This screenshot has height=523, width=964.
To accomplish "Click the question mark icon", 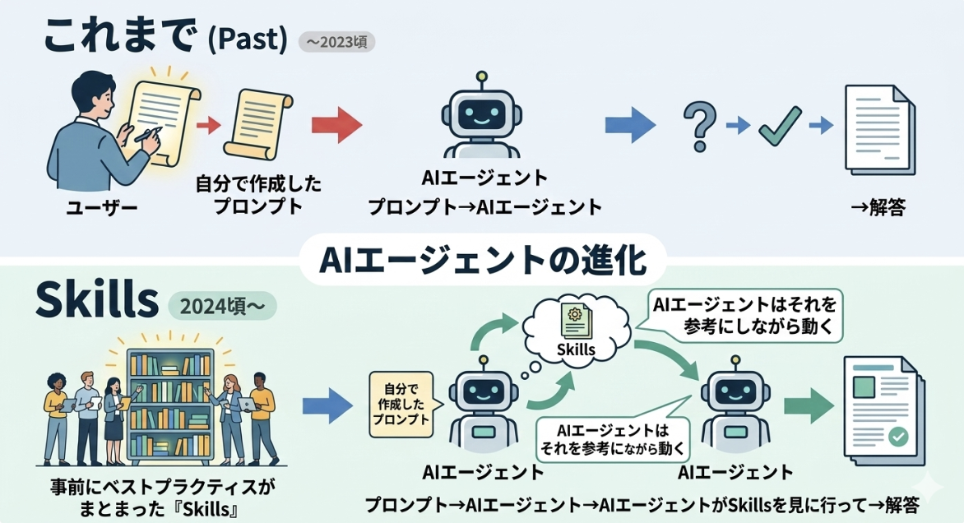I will (697, 125).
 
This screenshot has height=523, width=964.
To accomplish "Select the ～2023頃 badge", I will (336, 42).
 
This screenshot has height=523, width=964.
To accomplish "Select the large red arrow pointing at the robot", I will (336, 126).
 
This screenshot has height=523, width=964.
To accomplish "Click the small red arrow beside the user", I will (210, 125).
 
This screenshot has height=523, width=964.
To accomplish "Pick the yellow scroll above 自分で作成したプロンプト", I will (260, 126).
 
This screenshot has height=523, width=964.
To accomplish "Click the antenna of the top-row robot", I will (481, 76).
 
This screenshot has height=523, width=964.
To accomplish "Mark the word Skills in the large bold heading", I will (97, 303).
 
